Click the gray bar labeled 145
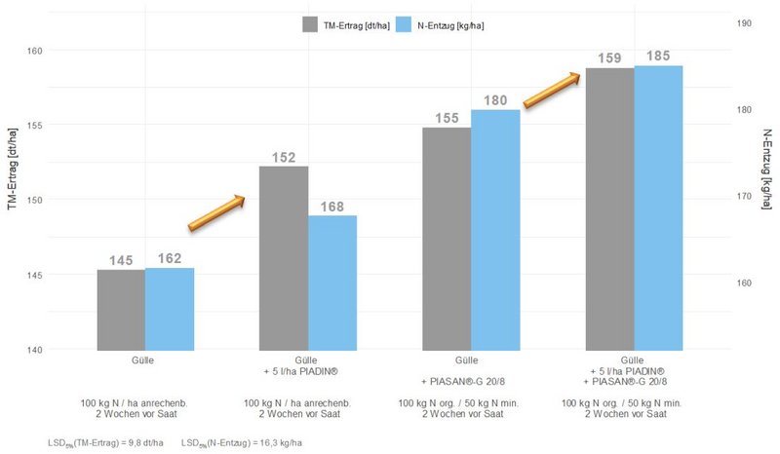pyautogui.click(x=121, y=309)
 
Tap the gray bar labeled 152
pyautogui.click(x=284, y=257)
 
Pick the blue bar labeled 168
pyautogui.click(x=332, y=282)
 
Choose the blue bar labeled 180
pyautogui.click(x=495, y=229)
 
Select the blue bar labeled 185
pyautogui.click(x=658, y=207)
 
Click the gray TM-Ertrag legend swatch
pyautogui.click(x=310, y=24)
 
